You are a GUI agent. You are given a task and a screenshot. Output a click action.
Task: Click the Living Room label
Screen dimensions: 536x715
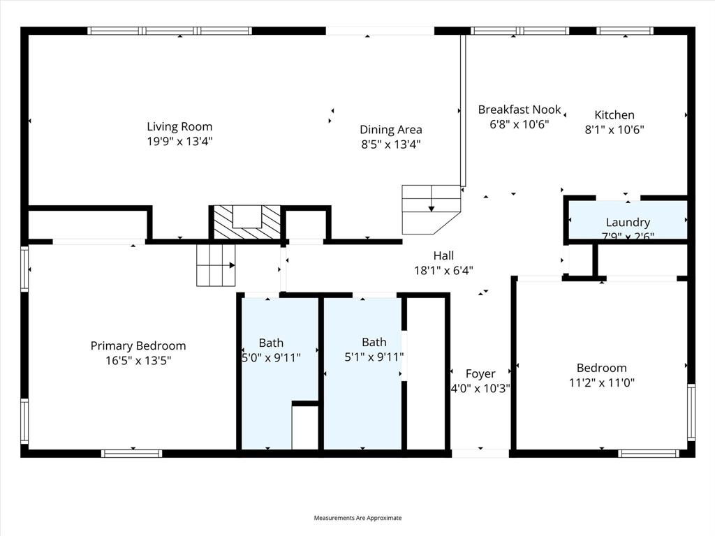click(x=179, y=126)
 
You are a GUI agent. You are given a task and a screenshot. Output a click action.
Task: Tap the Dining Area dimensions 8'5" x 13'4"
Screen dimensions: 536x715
click(x=390, y=144)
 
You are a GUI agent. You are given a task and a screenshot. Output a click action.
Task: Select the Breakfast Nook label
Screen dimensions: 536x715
click(x=519, y=110)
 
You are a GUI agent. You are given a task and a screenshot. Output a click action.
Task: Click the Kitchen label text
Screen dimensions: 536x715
click(x=614, y=115)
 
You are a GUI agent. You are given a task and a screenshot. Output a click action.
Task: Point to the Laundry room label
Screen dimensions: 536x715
click(x=628, y=223)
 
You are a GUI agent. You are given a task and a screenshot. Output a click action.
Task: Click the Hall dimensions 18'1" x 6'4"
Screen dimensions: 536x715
click(x=443, y=270)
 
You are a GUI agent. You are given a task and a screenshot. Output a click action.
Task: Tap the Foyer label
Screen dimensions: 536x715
click(x=480, y=374)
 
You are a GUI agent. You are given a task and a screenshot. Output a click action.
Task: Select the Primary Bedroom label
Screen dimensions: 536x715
click(x=138, y=345)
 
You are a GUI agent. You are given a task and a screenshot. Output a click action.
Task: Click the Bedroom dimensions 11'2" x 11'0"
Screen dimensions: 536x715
click(x=601, y=382)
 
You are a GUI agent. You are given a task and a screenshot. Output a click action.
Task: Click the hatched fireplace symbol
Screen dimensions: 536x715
click(x=246, y=223)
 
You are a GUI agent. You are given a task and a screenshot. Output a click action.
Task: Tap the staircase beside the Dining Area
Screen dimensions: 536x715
click(x=431, y=208)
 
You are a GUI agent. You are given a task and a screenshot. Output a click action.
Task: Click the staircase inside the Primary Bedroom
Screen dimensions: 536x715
click(x=216, y=265)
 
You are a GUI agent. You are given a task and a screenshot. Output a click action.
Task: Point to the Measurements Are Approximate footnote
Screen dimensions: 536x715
click(x=357, y=518)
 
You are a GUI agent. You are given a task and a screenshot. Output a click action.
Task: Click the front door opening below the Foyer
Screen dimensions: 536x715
click(x=480, y=454)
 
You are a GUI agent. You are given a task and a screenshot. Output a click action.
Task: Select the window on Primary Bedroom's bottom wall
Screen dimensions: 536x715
click(x=131, y=454)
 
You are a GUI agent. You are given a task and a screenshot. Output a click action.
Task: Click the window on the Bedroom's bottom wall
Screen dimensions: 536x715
click(x=649, y=454)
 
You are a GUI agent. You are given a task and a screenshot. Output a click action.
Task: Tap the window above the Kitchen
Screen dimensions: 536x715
click(x=625, y=31)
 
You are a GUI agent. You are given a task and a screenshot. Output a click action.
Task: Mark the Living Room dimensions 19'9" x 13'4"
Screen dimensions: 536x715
click(x=179, y=142)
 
